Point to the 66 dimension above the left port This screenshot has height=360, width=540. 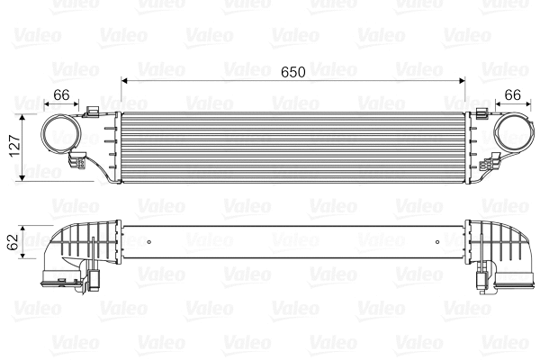[61, 95]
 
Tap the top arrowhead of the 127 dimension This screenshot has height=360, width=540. [23, 114]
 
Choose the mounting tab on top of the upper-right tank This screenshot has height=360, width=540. [486, 114]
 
